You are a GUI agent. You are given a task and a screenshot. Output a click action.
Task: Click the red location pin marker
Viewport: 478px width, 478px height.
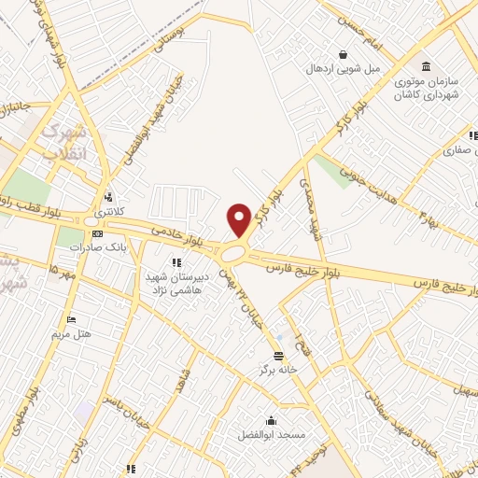(x=239, y=219)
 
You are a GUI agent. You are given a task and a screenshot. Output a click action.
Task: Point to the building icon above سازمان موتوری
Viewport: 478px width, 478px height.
(x=427, y=65)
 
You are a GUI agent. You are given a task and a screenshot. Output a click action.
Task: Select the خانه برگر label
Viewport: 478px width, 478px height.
(x=278, y=370)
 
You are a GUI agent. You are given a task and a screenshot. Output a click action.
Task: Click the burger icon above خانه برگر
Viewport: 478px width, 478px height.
(x=278, y=355)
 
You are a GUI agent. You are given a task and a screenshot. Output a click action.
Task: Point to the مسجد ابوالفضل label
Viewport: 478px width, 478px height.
(x=269, y=435)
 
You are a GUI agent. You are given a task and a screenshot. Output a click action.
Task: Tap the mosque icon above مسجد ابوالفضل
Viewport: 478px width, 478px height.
(x=271, y=420)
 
